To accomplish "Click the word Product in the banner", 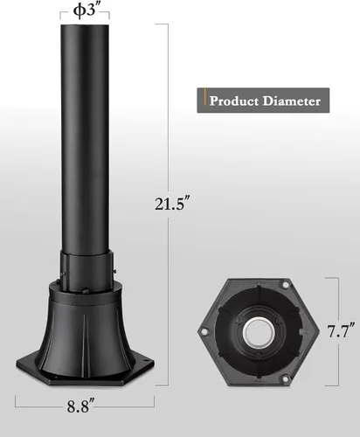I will [x=236, y=101].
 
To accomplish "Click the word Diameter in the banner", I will [x=294, y=101].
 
